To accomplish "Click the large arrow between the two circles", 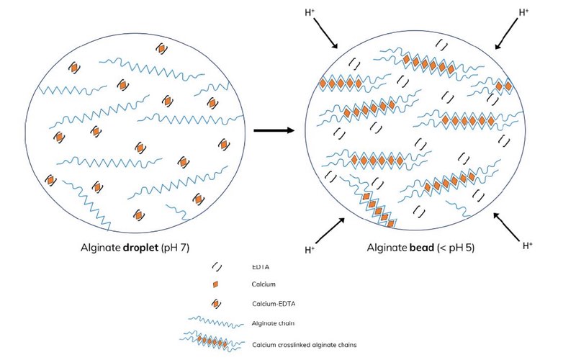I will pyautogui.click(x=275, y=130).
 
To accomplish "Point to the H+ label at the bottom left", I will pyautogui.click(x=310, y=251).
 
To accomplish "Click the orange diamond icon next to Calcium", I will pyautogui.click(x=215, y=285).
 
